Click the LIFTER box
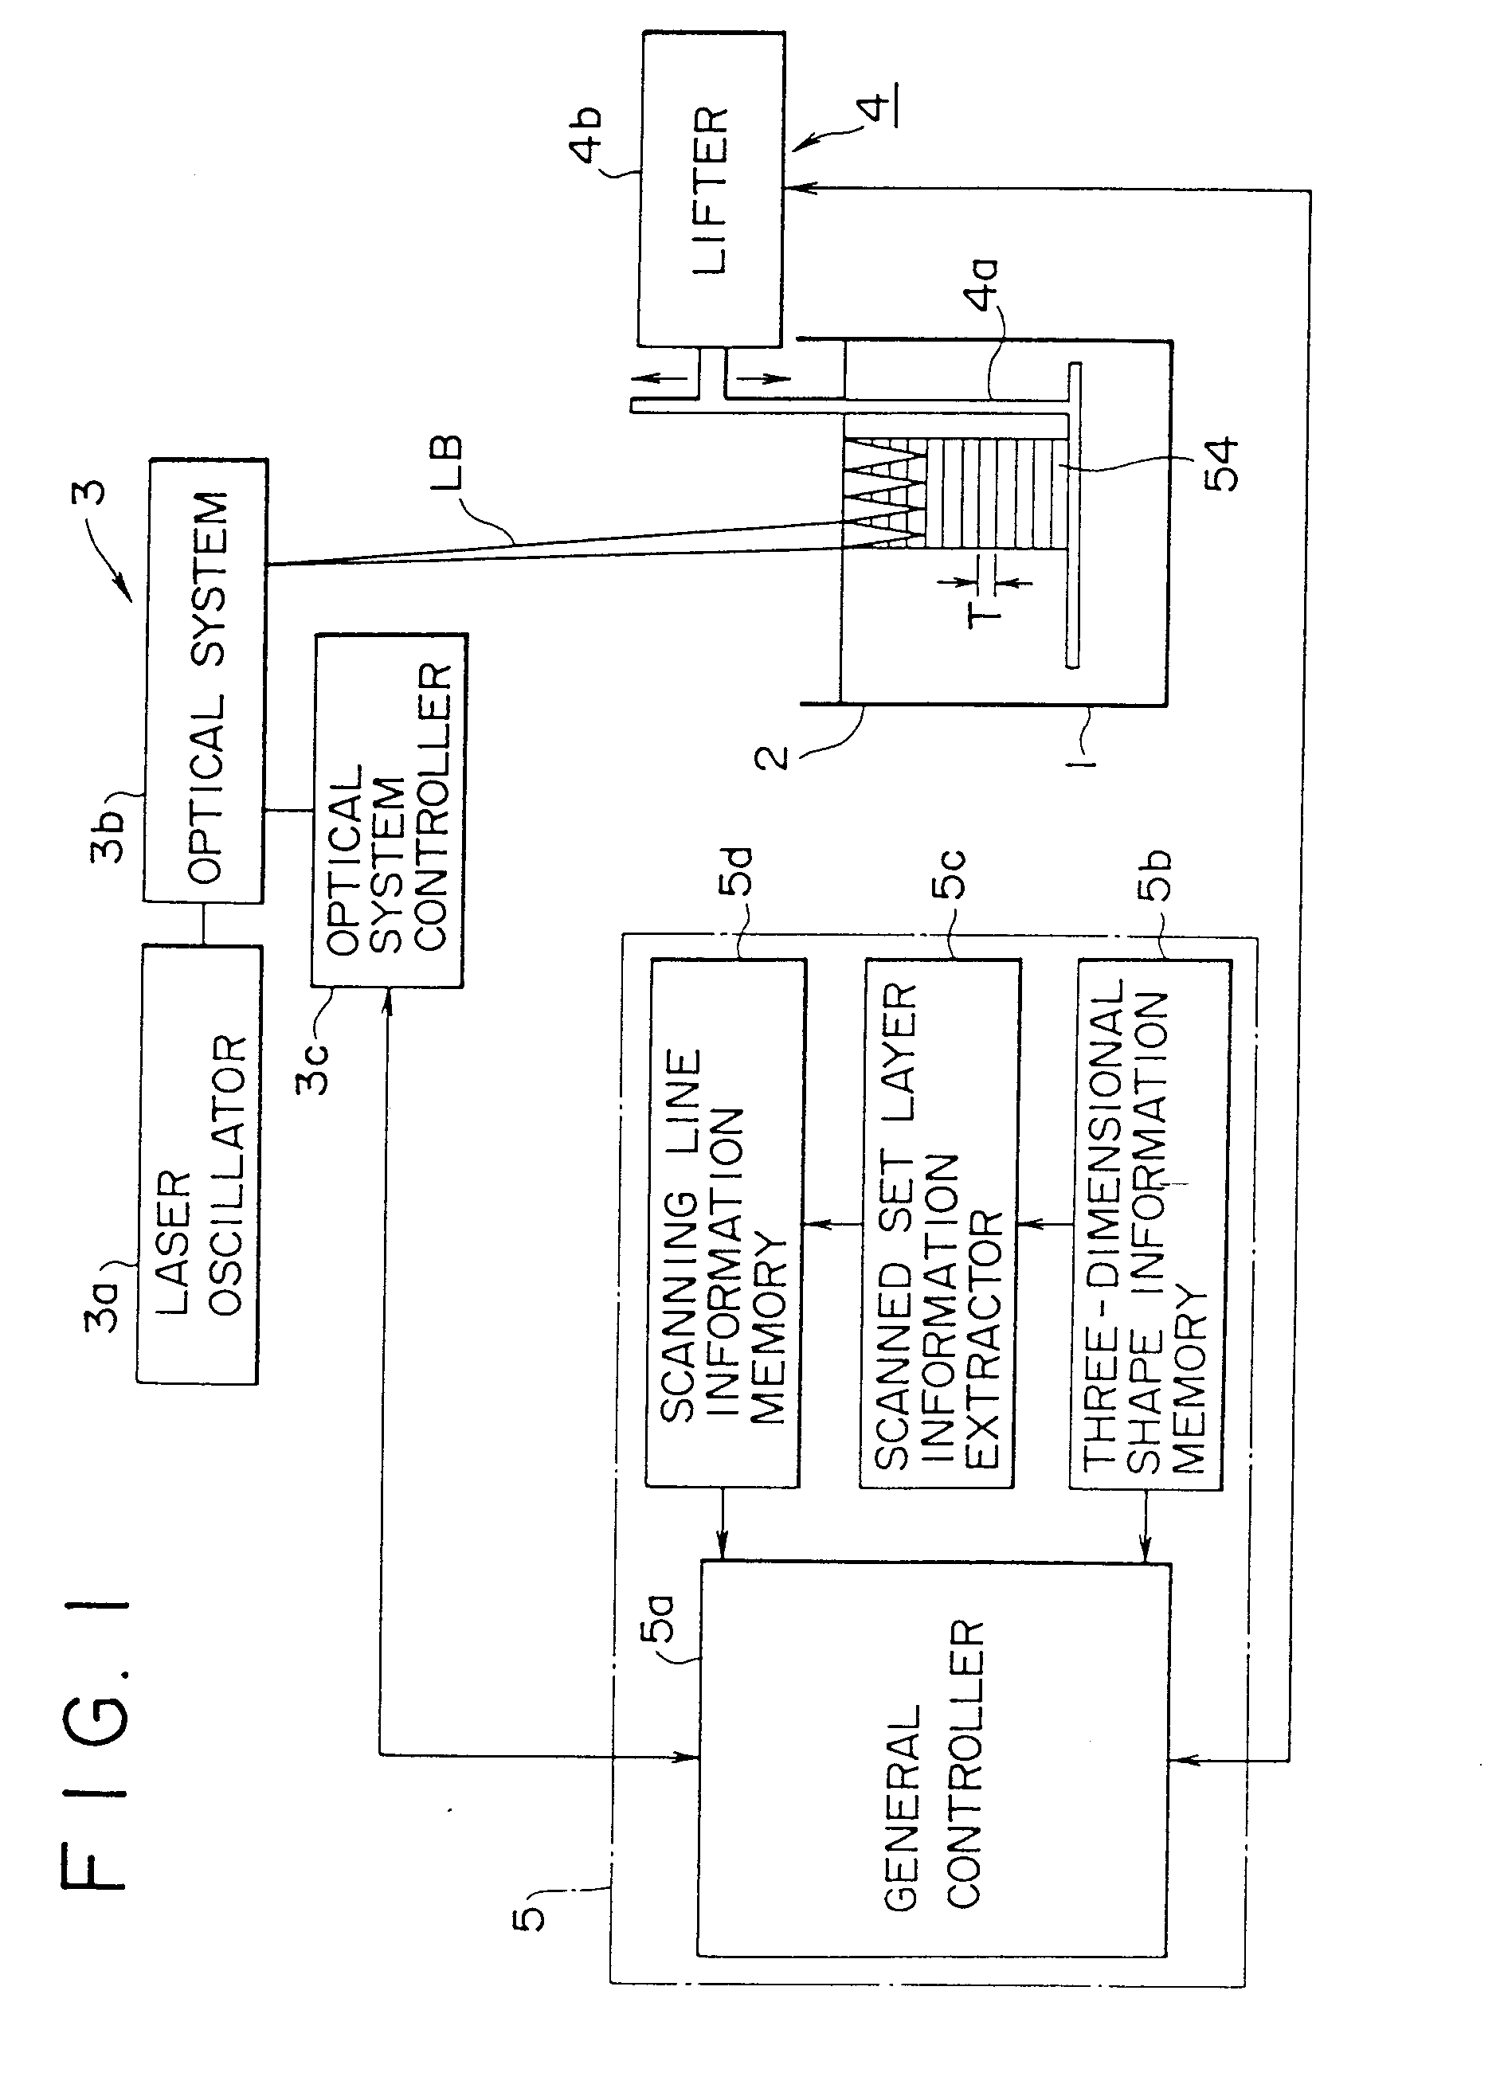point(711,190)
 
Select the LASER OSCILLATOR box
point(198,1164)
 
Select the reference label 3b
point(109,836)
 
